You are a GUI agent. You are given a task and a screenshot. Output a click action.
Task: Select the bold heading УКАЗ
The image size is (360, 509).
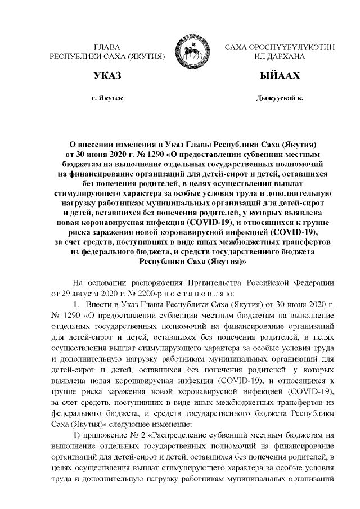point(106,75)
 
